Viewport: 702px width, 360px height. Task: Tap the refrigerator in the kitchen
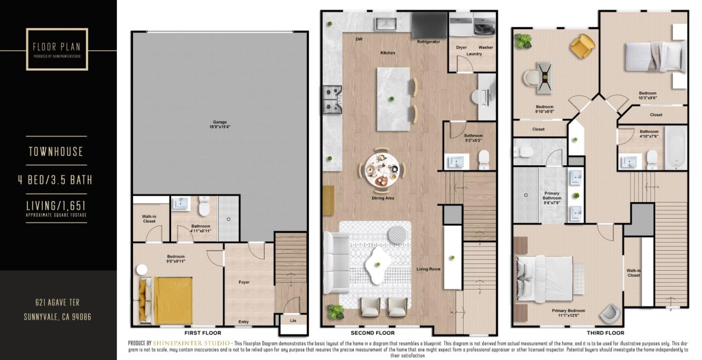(429, 25)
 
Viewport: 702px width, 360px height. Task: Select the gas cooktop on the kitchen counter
(332, 100)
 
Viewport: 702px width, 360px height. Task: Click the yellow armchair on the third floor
(583, 46)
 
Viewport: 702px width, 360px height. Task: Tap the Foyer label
(244, 282)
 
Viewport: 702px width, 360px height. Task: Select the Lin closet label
(293, 321)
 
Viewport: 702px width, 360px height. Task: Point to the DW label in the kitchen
(359, 40)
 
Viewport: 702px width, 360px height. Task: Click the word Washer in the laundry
(486, 47)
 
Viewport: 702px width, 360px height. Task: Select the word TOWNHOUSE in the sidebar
(56, 152)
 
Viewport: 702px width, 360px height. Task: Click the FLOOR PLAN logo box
(57, 49)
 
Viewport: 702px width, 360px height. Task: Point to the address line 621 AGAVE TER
(58, 302)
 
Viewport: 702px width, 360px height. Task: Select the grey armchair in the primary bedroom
(610, 314)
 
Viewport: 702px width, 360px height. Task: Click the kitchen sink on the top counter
(388, 23)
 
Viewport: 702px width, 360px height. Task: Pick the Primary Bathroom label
(552, 196)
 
